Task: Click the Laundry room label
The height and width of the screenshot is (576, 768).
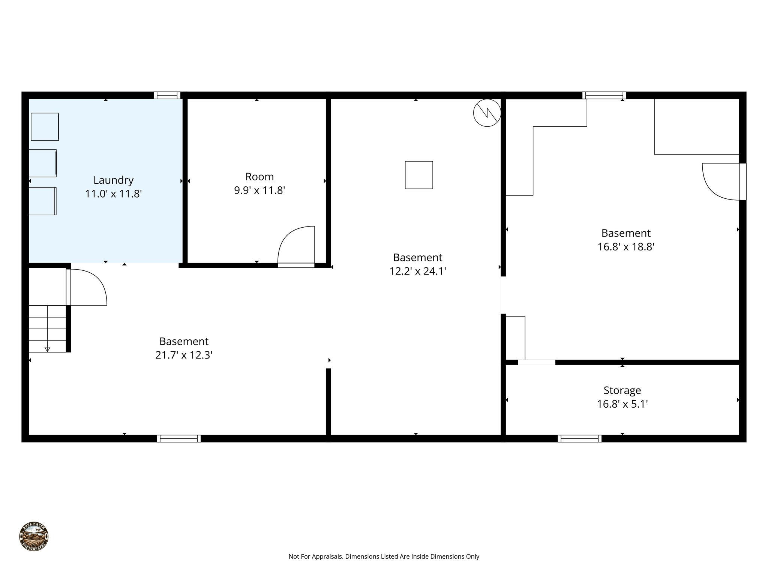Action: click(x=113, y=180)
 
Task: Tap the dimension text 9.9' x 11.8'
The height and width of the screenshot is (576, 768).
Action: click(x=259, y=190)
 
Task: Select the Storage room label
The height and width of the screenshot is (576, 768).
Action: click(x=622, y=390)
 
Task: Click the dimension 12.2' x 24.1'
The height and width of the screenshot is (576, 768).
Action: click(x=417, y=271)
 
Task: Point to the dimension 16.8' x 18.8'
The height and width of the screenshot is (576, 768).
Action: click(x=626, y=247)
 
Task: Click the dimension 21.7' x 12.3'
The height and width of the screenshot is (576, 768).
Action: click(x=184, y=355)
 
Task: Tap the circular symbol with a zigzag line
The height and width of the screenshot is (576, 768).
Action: click(x=487, y=112)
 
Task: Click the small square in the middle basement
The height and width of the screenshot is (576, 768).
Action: click(x=419, y=175)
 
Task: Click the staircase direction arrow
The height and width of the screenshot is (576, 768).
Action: click(x=47, y=349)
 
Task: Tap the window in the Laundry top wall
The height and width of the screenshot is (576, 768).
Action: click(x=167, y=95)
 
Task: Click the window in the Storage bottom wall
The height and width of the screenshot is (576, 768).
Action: click(x=579, y=438)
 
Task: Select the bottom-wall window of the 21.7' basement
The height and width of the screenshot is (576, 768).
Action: click(x=178, y=438)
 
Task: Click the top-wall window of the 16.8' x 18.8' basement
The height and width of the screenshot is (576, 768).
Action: click(x=604, y=95)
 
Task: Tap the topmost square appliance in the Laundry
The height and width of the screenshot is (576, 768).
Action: click(x=45, y=127)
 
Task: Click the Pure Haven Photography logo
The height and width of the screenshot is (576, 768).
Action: click(x=34, y=537)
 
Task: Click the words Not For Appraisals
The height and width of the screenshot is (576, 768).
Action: click(x=315, y=556)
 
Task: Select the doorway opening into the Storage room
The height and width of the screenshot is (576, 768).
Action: click(x=536, y=362)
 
